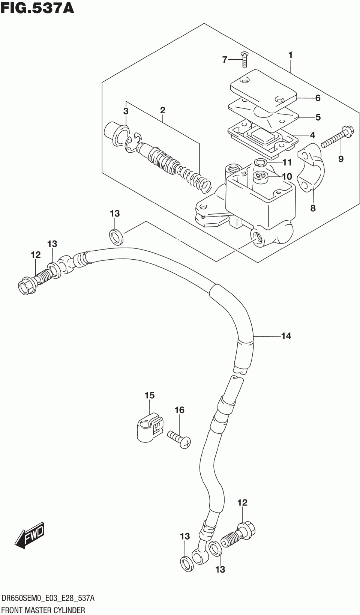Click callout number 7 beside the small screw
tap(225, 60)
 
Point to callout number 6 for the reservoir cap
tap(318, 98)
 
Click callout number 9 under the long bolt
tap(340, 159)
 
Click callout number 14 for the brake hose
tap(286, 336)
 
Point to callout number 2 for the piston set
tap(162, 110)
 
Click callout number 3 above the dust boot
tap(126, 111)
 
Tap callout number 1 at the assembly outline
tap(290, 55)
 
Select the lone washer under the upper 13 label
tap(115, 236)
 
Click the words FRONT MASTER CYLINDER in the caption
tap(43, 610)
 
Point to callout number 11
tap(287, 162)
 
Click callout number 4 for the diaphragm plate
tap(312, 135)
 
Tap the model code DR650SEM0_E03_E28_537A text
tap(48, 598)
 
